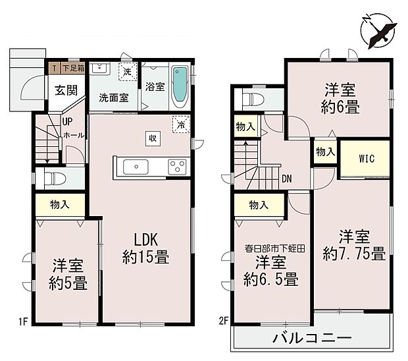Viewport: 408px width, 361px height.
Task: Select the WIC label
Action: tap(367, 158)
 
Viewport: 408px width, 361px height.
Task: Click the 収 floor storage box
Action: tap(152, 138)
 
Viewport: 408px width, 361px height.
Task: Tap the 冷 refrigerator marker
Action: tap(179, 123)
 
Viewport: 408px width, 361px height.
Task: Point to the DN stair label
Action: tap(287, 178)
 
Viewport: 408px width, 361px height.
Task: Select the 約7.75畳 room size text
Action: tap(353, 253)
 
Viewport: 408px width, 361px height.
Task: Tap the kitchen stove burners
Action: tap(177, 165)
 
